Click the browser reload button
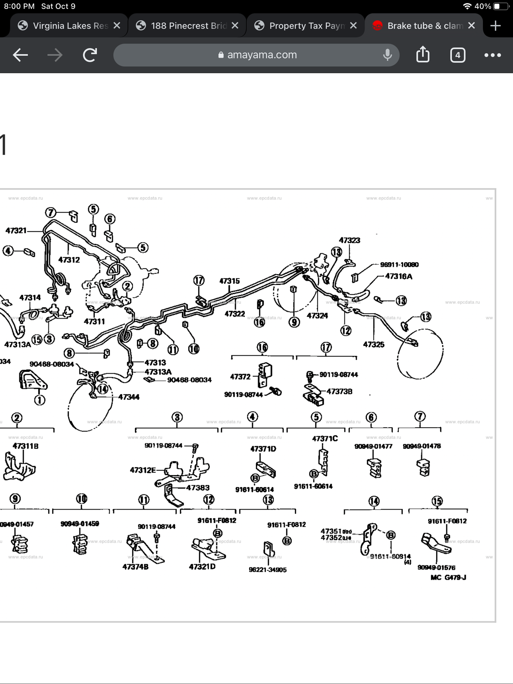pyautogui.click(x=90, y=55)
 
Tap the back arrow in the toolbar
pyautogui.click(x=20, y=55)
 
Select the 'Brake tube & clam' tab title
pyautogui.click(x=425, y=26)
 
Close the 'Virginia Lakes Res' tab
pyautogui.click(x=117, y=26)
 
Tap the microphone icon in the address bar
pyautogui.click(x=387, y=55)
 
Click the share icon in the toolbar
pyautogui.click(x=423, y=55)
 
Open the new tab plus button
pyautogui.click(x=495, y=26)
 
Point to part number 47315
pyautogui.click(x=229, y=281)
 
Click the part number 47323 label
pyautogui.click(x=350, y=240)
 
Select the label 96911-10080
pyautogui.click(x=399, y=265)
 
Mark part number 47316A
pyautogui.click(x=398, y=276)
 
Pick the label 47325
pyautogui.click(x=373, y=344)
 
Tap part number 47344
pyautogui.click(x=129, y=397)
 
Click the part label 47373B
pyautogui.click(x=339, y=392)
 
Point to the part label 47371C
pyautogui.click(x=325, y=438)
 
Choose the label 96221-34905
pyautogui.click(x=267, y=570)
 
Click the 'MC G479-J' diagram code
pyautogui.click(x=448, y=578)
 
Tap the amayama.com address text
pyautogui.click(x=262, y=55)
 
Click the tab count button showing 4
pyautogui.click(x=458, y=55)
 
